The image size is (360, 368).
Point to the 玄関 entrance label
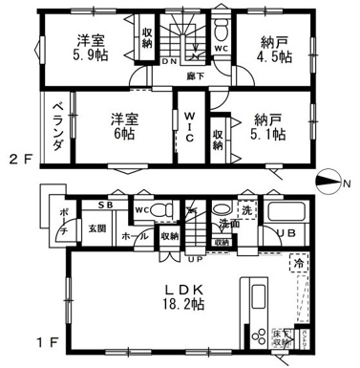[98, 227]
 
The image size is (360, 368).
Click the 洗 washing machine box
[247, 209]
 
